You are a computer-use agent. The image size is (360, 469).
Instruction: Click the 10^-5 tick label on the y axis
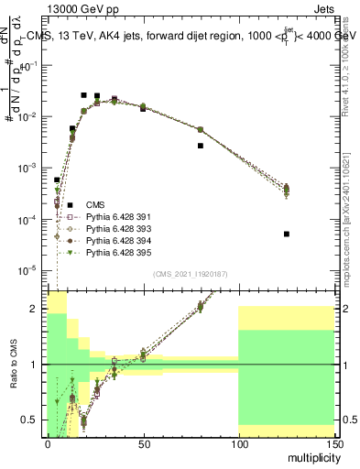coord(29,270)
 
